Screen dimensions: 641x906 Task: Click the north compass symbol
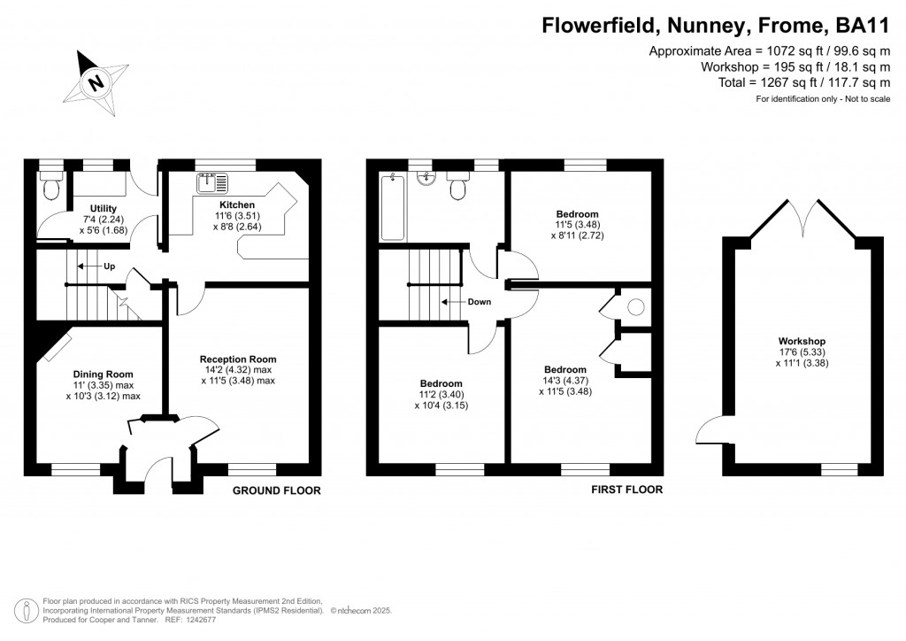[x=96, y=83]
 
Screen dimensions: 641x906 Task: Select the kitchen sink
[x=212, y=182]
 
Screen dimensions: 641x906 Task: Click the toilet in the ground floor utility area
[x=50, y=187]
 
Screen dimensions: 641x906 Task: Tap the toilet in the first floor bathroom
[x=459, y=188]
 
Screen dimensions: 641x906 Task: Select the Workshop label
[x=802, y=341]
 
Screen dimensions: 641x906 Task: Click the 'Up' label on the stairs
[x=110, y=266]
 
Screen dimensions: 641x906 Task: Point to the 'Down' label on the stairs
[x=480, y=302]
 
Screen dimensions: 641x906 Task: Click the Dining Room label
[x=103, y=374]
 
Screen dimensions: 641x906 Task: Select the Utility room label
[x=104, y=208]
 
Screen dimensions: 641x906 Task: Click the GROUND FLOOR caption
[x=276, y=490]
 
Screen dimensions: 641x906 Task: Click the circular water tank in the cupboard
[x=635, y=307]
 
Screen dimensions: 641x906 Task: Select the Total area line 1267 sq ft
[x=803, y=82]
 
